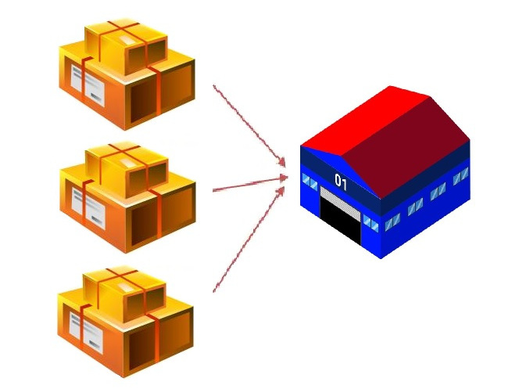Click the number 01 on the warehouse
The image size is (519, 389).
pyautogui.click(x=341, y=182)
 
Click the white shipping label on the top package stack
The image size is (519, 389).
pyautogui.click(x=88, y=85)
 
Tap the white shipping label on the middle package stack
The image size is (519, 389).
pyautogui.click(x=88, y=208)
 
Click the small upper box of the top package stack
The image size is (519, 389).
pyautogui.click(x=126, y=47)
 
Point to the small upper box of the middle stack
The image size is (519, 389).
pyautogui.click(x=127, y=170)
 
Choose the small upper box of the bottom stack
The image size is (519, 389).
pyautogui.click(x=124, y=294)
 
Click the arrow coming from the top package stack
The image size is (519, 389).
pyautogui.click(x=249, y=126)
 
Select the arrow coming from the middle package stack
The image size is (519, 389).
pyautogui.click(x=250, y=184)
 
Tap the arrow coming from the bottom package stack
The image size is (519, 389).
pyautogui.click(x=249, y=240)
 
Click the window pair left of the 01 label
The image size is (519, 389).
pyautogui.click(x=310, y=182)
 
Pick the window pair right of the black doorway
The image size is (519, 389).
pyautogui.click(x=370, y=223)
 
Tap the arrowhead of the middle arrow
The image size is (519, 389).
pyautogui.click(x=283, y=178)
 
